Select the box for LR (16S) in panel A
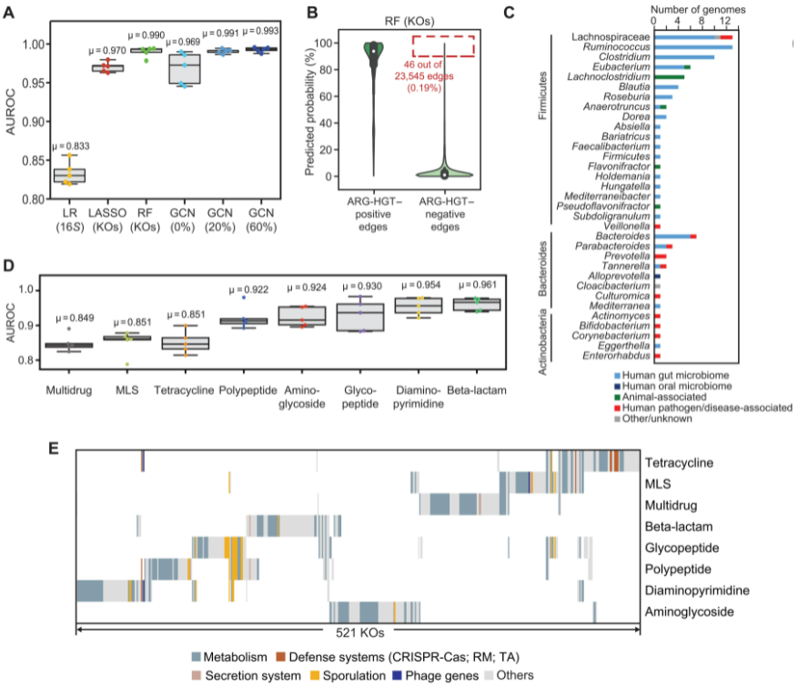tap(69, 175)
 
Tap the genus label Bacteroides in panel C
tap(623, 236)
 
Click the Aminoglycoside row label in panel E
tap(689, 612)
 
